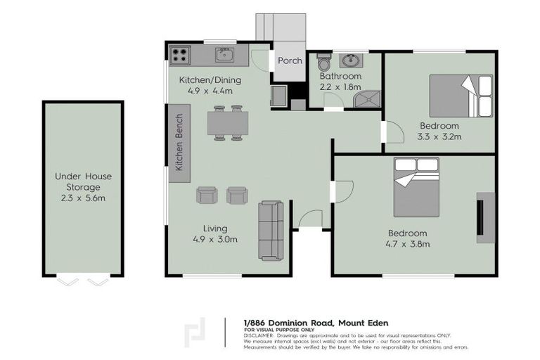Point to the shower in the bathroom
[x=367, y=100]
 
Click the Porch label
[x=290, y=60]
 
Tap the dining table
[x=228, y=123]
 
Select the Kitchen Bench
[x=179, y=143]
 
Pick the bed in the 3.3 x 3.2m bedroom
[x=461, y=95]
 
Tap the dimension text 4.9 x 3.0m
[x=214, y=239]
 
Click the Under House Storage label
[x=83, y=181]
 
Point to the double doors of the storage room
[x=83, y=281]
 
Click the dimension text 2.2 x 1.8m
[x=340, y=86]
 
